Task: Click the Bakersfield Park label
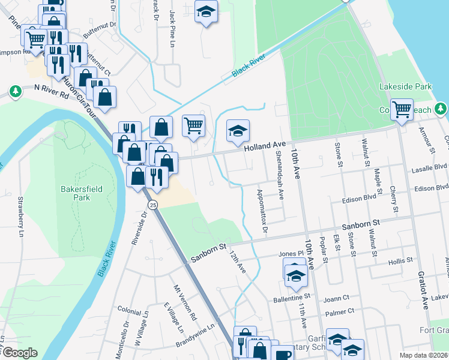(82, 193)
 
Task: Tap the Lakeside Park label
(406, 87)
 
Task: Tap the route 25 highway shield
(153, 205)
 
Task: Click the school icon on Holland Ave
(238, 132)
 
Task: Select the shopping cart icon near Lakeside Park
(402, 110)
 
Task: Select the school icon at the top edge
(206, 13)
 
